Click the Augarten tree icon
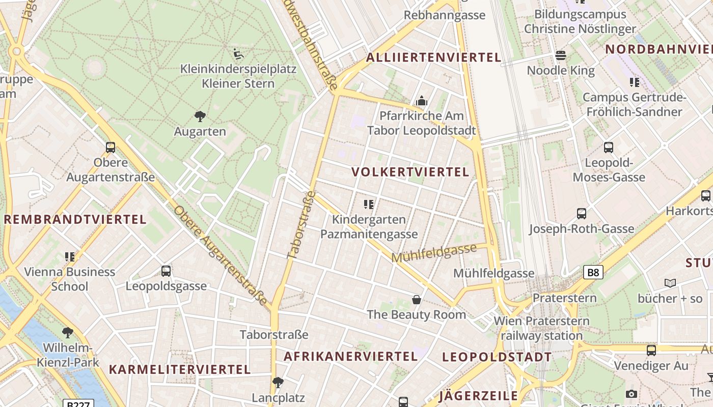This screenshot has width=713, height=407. (x=200, y=117)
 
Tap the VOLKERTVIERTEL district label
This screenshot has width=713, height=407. (x=410, y=172)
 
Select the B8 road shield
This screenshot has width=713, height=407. (x=593, y=273)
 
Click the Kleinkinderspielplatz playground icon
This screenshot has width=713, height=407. (x=238, y=53)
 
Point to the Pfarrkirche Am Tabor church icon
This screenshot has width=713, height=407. (x=421, y=101)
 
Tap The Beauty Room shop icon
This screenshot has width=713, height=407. (x=417, y=300)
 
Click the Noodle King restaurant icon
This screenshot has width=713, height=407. (x=561, y=55)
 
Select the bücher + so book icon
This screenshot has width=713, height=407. (x=670, y=283)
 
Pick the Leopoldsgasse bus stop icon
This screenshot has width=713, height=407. (x=166, y=271)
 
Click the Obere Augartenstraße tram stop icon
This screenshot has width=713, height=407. (x=111, y=148)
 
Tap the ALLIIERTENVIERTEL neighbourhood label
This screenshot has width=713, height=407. (x=433, y=57)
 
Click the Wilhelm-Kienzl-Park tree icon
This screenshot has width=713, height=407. (x=67, y=333)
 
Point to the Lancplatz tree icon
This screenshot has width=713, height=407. (x=278, y=382)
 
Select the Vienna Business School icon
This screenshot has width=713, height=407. (x=70, y=257)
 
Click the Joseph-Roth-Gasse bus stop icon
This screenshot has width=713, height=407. (x=582, y=214)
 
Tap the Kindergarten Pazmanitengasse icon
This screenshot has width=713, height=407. (x=369, y=205)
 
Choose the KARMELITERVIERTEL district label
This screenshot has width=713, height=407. (x=180, y=370)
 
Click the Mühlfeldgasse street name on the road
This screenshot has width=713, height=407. (x=434, y=253)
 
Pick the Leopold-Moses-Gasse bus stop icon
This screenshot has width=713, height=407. (x=609, y=148)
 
